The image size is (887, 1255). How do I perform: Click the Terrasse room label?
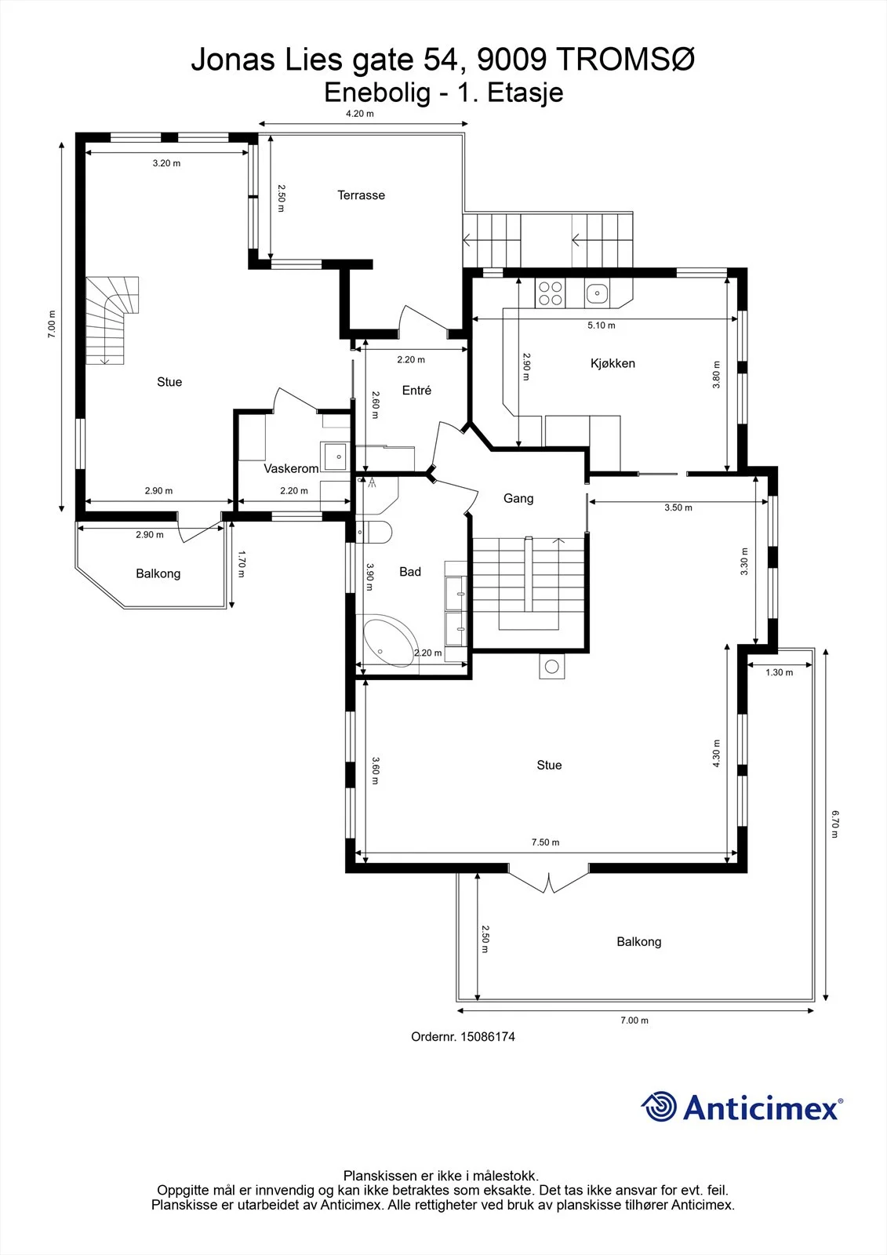pos(361,195)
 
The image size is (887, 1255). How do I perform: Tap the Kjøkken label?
pos(613,363)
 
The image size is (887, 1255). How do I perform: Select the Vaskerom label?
pos(291,468)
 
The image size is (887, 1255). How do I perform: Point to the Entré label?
pos(416,390)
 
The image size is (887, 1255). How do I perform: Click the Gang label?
pos(518,498)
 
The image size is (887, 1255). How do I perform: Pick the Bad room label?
pos(409,572)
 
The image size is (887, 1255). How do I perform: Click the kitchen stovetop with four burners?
pos(550,293)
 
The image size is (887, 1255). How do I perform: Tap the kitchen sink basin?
pos(598,293)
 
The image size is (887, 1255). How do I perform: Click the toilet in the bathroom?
pos(374,533)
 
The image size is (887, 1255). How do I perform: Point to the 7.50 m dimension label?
pos(545,842)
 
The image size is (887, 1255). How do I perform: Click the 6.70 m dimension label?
pos(834,824)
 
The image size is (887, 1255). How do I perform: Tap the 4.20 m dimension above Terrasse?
pos(360,113)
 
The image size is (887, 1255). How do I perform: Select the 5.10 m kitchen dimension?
pos(602,325)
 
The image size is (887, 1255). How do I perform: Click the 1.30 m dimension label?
pos(779,672)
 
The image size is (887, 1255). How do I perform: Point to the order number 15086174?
pos(488,1036)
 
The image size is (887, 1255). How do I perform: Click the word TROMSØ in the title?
pos(627,60)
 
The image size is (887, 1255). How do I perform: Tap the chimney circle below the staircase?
pos(552,667)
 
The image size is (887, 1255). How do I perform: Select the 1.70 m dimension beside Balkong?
pos(242,564)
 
